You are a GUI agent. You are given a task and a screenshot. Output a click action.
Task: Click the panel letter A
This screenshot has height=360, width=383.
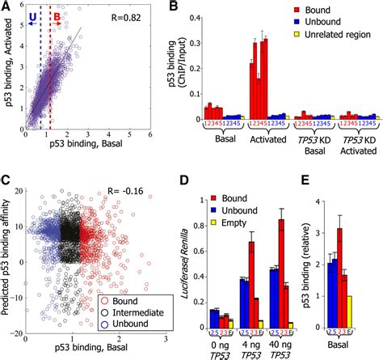tap(6, 6)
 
